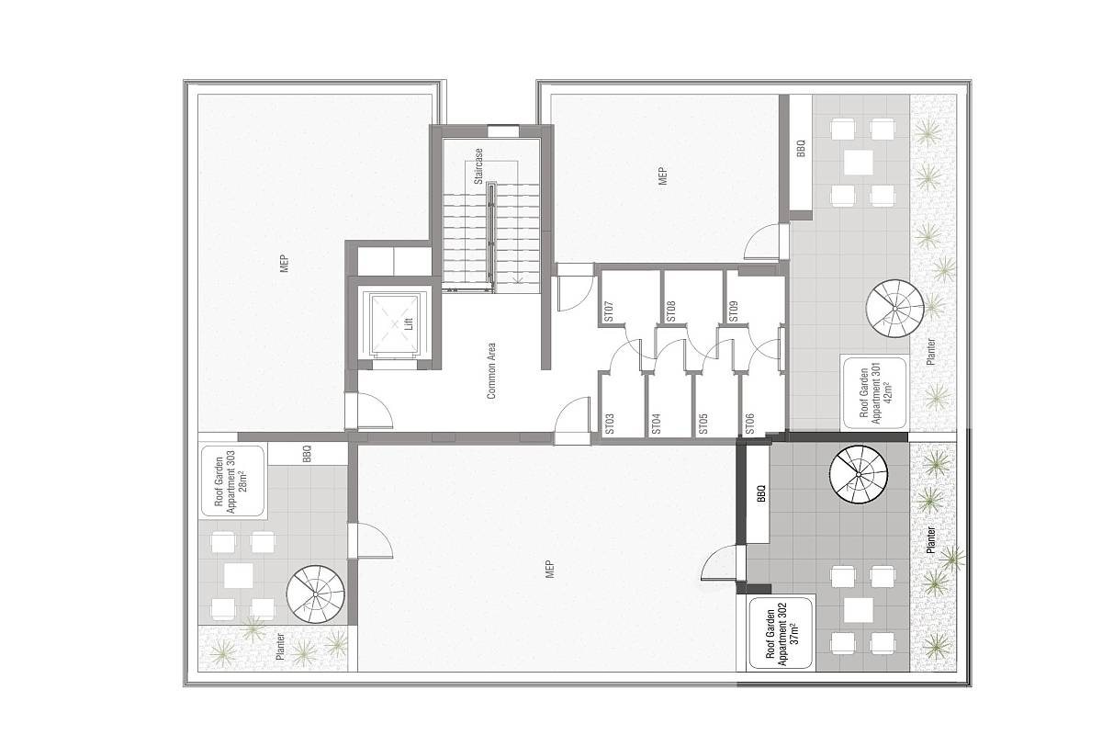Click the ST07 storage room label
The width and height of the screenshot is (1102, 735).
609,311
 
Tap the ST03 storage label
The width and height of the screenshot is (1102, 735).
609,424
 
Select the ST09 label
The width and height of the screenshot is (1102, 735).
733,311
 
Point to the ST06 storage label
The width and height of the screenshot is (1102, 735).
749,424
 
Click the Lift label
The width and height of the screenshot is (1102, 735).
409,323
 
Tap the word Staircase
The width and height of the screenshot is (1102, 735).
478,166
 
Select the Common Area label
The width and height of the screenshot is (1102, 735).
491,370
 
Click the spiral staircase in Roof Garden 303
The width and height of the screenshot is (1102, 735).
316,594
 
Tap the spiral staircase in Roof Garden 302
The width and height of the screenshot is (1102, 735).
858,475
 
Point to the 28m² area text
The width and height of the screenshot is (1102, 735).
243,481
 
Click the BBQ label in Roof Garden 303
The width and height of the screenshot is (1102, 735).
307,454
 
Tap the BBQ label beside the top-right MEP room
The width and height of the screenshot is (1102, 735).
801,149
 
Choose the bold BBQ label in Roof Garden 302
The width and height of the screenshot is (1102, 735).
761,493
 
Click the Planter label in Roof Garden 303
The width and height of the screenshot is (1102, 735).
280,647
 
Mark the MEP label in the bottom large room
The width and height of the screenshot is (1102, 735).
550,569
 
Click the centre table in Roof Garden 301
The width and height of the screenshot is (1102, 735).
859,163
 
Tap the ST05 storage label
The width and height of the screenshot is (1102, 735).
703,424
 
